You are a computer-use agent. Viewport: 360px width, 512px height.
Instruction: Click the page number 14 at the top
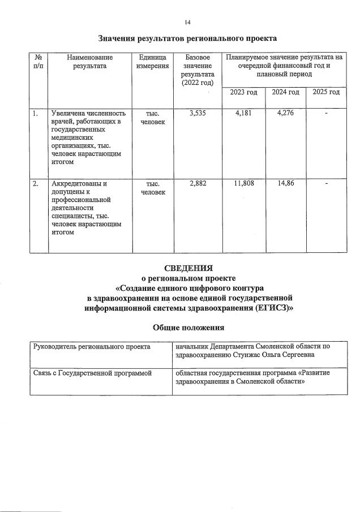click(x=187, y=22)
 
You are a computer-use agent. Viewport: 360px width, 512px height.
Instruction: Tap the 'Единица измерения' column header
click(x=153, y=62)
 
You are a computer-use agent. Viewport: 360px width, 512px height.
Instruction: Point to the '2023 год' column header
click(x=243, y=92)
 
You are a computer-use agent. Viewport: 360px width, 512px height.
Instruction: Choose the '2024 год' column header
click(x=285, y=92)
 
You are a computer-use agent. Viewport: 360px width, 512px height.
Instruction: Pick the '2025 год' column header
click(x=326, y=92)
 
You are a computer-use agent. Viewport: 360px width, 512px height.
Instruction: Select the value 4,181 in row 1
click(x=243, y=113)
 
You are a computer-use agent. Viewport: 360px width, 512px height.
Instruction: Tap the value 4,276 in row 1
click(x=285, y=113)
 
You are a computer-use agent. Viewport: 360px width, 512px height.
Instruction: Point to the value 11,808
click(x=243, y=184)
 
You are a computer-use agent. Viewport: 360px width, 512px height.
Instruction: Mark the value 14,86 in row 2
click(x=285, y=184)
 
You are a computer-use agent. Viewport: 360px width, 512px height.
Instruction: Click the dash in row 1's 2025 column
click(x=326, y=113)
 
